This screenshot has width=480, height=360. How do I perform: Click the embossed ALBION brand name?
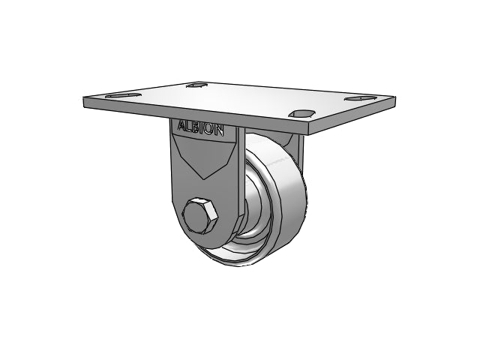[x=200, y=128]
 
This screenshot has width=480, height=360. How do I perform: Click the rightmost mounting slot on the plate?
[x=361, y=98]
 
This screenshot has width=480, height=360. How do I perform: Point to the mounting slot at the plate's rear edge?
[x=197, y=85]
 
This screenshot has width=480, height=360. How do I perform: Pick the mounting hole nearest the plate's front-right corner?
[x=301, y=114]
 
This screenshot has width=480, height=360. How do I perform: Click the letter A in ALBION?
[x=181, y=125]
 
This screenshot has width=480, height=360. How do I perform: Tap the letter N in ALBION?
[x=219, y=130]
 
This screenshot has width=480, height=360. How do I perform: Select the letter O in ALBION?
[x=210, y=130]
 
